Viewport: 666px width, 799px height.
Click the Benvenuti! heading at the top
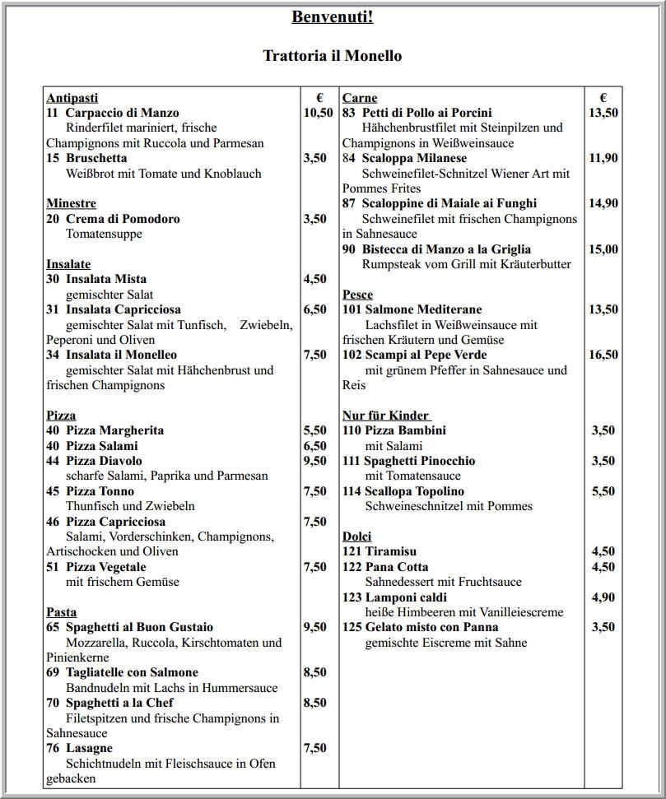[332, 16]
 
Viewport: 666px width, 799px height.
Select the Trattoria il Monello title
[332, 56]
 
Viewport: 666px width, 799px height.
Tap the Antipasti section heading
[72, 98]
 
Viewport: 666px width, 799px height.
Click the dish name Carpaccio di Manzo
[122, 113]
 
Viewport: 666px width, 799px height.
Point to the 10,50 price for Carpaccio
[319, 113]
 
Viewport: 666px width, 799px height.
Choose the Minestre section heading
[71, 203]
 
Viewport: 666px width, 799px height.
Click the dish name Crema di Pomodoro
[123, 219]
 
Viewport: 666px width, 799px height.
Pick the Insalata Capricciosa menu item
[123, 309]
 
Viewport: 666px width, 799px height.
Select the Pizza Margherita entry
[114, 430]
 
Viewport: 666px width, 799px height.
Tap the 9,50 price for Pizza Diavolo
[315, 461]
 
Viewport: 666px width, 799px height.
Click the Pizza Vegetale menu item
[106, 567]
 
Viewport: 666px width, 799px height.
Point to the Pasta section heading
[61, 612]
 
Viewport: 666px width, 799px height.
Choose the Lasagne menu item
[89, 748]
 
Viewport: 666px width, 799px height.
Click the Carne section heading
[360, 98]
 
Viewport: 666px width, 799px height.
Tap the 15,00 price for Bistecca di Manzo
[603, 249]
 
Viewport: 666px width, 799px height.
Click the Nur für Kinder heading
[386, 416]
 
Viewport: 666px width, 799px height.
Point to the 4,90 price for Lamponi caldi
[603, 597]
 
